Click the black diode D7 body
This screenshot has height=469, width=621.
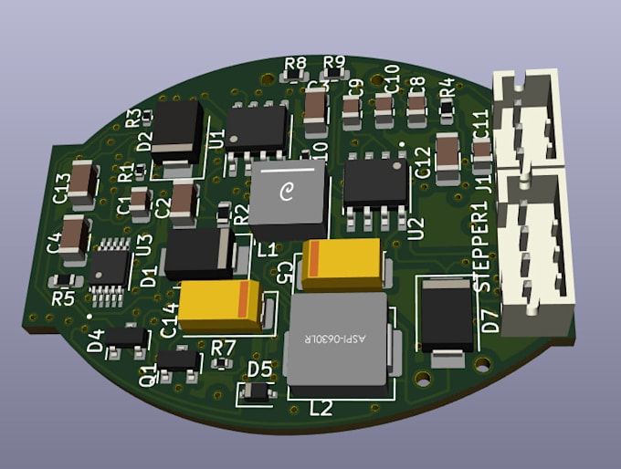447,315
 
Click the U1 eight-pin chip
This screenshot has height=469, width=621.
257,128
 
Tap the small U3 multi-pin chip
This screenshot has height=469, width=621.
111,262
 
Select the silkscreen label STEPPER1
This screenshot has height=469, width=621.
484,246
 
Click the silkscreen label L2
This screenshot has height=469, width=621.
321,408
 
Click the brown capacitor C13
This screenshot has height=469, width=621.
82,181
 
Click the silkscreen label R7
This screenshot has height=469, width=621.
223,348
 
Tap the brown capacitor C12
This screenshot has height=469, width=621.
448,152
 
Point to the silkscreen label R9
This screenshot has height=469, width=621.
334,63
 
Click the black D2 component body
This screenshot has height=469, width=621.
178,130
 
